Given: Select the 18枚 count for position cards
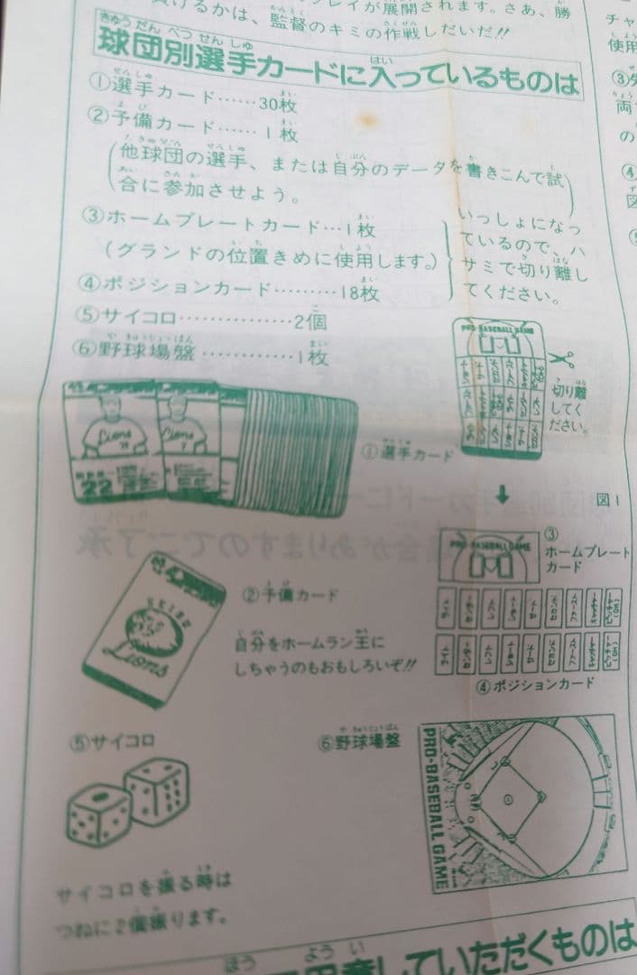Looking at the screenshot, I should pos(359,292).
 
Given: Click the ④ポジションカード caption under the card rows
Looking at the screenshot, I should pos(536,682).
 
